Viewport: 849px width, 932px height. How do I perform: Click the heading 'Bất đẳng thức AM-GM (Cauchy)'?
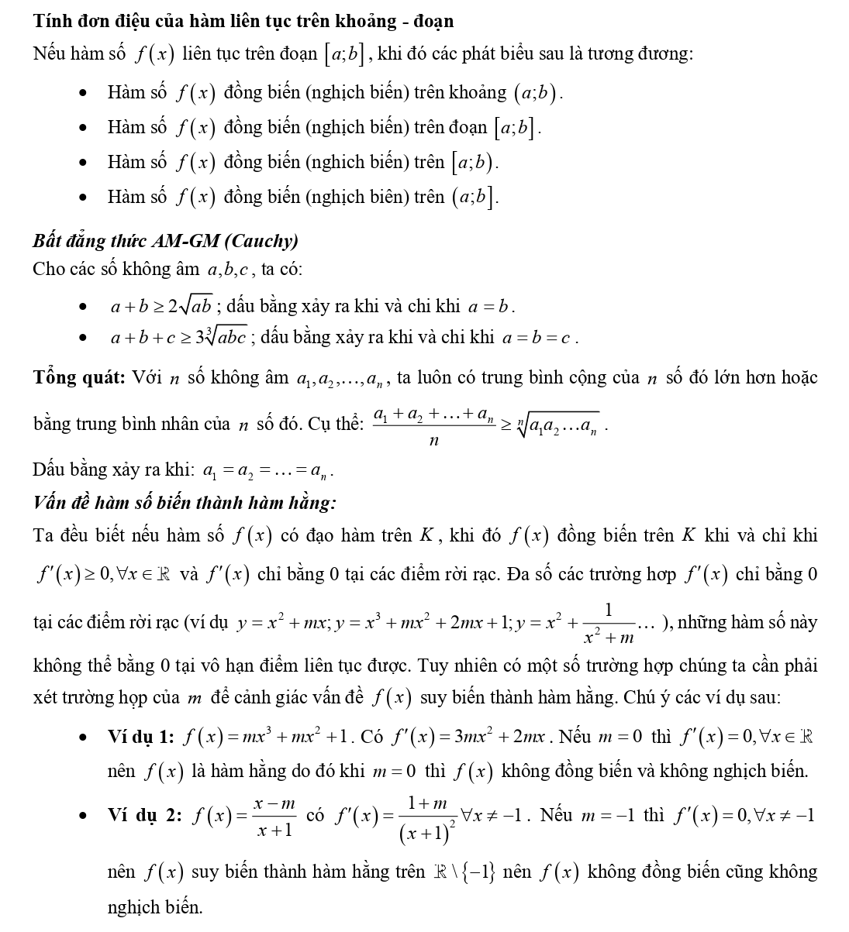pyautogui.click(x=165, y=241)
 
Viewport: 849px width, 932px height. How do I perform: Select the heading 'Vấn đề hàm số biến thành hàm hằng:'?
pyautogui.click(x=185, y=503)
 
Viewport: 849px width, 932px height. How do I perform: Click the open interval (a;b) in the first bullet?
pyautogui.click(x=535, y=93)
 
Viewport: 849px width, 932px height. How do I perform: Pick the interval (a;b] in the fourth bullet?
pyautogui.click(x=474, y=198)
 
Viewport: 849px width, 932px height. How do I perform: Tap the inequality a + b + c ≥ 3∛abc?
pyautogui.click(x=178, y=338)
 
